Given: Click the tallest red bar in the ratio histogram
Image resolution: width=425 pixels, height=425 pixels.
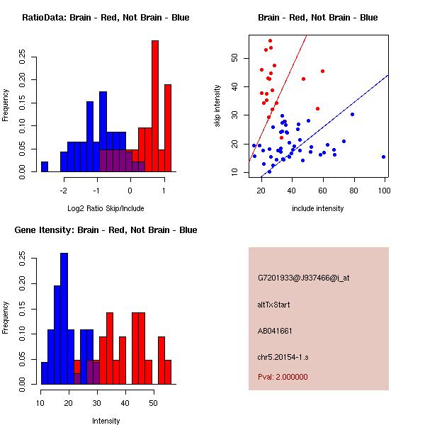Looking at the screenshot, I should [x=154, y=106].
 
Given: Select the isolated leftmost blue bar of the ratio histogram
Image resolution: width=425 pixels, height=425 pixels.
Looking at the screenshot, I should [x=45, y=166].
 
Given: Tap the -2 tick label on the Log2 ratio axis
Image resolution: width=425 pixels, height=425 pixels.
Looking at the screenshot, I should [x=64, y=191].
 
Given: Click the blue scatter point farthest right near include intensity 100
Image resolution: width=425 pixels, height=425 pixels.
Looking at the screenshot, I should [x=383, y=157].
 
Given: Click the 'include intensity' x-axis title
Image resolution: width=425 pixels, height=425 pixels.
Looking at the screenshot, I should [x=317, y=208].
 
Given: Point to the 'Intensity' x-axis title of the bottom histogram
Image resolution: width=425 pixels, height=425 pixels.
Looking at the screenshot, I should [x=106, y=421].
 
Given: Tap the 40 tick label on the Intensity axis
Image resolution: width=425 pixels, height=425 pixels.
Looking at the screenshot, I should [x=125, y=403].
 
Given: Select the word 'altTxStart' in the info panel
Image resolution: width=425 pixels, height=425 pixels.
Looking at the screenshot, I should [x=274, y=305].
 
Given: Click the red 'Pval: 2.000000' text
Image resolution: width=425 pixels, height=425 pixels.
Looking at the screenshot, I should [x=283, y=377].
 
